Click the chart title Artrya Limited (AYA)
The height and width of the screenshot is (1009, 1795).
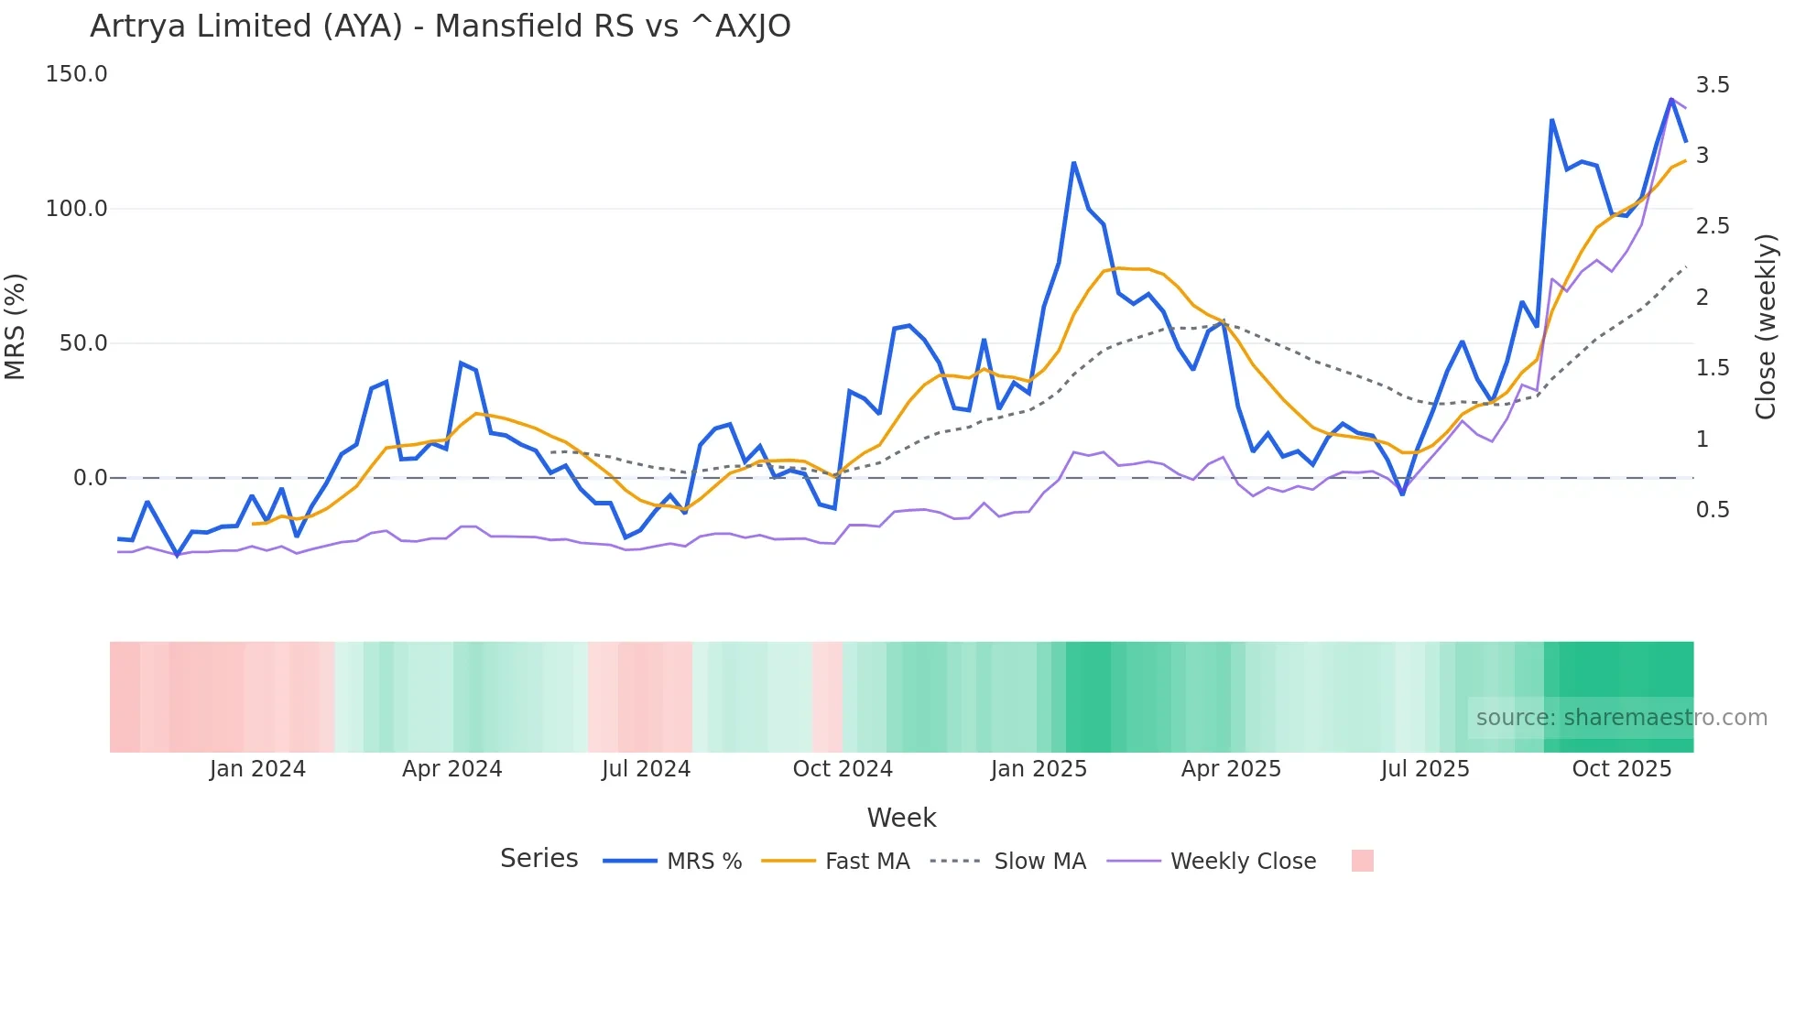[440, 26]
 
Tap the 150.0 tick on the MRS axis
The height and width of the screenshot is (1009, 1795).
[76, 74]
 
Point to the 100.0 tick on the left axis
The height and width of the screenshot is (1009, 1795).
[76, 209]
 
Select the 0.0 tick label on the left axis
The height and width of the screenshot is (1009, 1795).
[90, 478]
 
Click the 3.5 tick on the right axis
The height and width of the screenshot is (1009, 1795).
[1713, 85]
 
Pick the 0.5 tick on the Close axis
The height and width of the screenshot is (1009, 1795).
[1713, 510]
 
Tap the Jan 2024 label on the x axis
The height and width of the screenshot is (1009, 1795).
[257, 769]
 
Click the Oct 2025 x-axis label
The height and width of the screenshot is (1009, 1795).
[1621, 769]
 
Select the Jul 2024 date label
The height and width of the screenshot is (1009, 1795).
[646, 769]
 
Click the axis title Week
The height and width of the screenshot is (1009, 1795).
[901, 818]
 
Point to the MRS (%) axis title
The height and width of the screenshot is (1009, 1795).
[15, 327]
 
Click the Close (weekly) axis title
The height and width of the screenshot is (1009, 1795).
[1766, 327]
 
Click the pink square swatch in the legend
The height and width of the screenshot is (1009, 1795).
[1362, 861]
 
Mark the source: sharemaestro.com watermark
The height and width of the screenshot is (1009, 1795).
[1621, 718]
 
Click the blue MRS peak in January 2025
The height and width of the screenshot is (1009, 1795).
[1073, 164]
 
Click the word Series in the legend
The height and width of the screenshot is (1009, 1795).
[538, 859]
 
